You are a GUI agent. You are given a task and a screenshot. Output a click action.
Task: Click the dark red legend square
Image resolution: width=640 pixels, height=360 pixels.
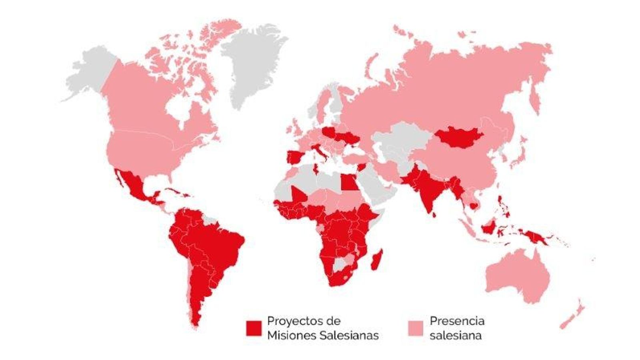coord(254,328)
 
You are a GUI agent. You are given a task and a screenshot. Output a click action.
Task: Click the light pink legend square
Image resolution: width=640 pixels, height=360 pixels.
coord(415,328)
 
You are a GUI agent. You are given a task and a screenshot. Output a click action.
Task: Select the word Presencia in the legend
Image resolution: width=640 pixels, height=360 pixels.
coord(457,321)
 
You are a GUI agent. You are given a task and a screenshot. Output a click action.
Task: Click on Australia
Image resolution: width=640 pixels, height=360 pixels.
coord(516,276)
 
